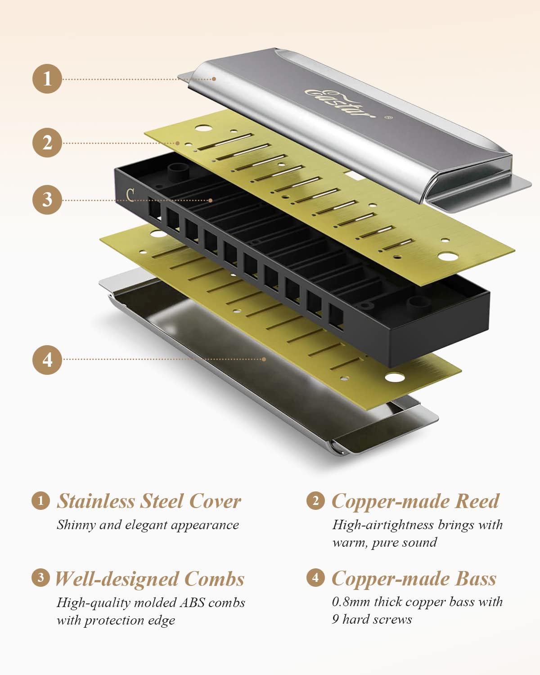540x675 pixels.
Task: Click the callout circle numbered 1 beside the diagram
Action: tap(47, 79)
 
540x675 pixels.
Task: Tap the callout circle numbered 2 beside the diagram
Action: tap(47, 143)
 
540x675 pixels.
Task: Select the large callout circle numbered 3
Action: tap(47, 200)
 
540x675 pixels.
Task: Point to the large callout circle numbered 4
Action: tap(47, 360)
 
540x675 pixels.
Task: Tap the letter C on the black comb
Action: tap(130, 194)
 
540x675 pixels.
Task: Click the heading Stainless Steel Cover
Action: tap(149, 501)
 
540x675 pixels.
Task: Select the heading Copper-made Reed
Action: tap(415, 501)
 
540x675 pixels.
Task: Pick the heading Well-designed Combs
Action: tap(149, 579)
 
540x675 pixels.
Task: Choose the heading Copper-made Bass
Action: tap(414, 579)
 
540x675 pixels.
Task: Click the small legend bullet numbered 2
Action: tap(315, 500)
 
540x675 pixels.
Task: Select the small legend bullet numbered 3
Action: tap(41, 577)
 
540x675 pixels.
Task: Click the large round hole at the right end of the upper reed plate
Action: tap(447, 256)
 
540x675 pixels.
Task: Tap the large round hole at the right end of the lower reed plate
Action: tap(394, 377)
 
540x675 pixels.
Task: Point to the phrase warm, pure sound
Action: tap(384, 543)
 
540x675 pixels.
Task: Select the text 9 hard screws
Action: tap(372, 620)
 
